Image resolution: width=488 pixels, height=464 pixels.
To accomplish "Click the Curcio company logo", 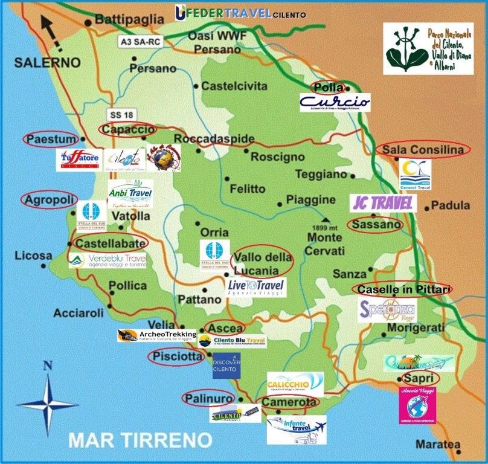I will click(x=335, y=102).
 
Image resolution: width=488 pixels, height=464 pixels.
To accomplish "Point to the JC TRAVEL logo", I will click(x=383, y=203).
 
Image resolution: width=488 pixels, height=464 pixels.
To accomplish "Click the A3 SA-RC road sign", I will click(x=141, y=41).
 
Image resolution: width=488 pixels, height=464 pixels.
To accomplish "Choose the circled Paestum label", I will click(x=51, y=139).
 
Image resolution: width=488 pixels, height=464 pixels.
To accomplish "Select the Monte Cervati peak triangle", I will click(x=326, y=219).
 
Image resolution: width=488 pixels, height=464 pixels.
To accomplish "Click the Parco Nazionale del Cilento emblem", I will click(x=428, y=48).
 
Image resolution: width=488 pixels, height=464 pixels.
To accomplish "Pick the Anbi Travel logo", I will click(x=130, y=195).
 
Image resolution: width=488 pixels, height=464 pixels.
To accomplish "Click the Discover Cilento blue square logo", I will click(x=226, y=365).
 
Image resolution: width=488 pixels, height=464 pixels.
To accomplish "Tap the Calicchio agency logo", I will click(x=295, y=385).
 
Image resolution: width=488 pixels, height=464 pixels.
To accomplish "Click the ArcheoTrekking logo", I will click(x=156, y=335).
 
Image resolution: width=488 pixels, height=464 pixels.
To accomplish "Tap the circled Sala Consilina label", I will click(x=422, y=150).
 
